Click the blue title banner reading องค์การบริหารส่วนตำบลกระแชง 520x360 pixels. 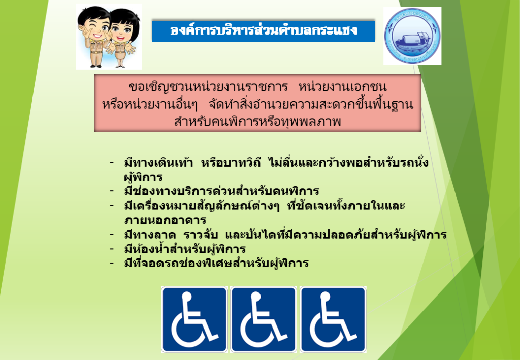pos(264,31)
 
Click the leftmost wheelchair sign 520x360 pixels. pos(194,319)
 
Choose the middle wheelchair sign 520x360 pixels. pos(264,319)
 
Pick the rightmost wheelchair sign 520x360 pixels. pos(333,319)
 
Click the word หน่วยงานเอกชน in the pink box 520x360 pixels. pos(343,87)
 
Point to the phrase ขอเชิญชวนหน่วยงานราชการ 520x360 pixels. pos(208,87)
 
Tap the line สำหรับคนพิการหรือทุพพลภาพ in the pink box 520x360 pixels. pos(257,122)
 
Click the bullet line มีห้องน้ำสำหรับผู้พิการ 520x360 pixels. pos(185,249)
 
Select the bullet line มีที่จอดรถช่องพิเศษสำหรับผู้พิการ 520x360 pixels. pos(216,264)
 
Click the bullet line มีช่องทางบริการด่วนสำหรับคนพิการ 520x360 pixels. pos(221,191)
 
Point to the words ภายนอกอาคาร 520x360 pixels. pos(165,220)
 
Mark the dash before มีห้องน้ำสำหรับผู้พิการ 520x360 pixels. pos(112,249)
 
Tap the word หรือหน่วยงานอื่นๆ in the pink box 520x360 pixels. pos(150,105)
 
